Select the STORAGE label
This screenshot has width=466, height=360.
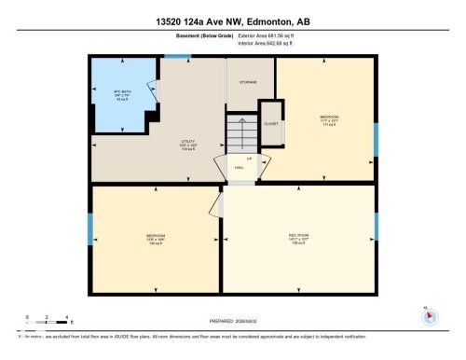(x=248, y=83)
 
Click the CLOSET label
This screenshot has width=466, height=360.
(x=270, y=123)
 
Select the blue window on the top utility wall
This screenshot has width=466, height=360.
(x=171, y=55)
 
